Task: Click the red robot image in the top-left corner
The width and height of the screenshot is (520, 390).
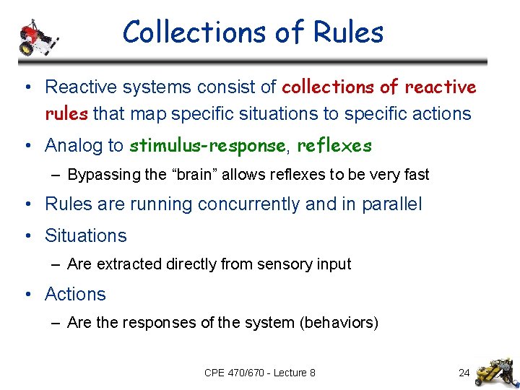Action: click(36, 35)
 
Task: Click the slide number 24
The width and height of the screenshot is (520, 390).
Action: click(464, 373)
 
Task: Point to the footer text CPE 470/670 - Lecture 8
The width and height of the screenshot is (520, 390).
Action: click(260, 373)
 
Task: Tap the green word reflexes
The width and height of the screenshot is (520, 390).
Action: click(334, 146)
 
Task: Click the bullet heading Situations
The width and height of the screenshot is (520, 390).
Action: click(85, 236)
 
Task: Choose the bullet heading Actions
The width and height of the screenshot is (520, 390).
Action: click(75, 295)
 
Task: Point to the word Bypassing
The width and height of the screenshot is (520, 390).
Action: click(100, 175)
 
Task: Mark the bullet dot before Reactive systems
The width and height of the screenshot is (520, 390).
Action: click(26, 88)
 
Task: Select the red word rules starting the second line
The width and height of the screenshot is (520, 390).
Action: click(66, 114)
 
